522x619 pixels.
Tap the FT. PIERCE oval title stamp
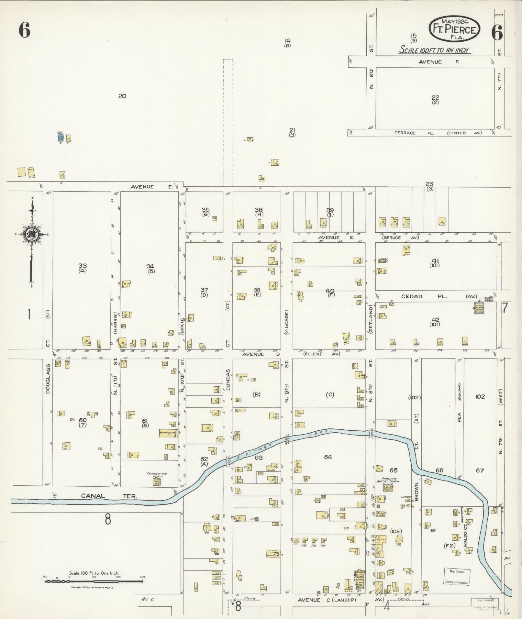pyautogui.click(x=454, y=29)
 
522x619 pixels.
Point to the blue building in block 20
pyautogui.click(x=61, y=138)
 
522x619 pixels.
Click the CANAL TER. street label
pyautogui.click(x=109, y=496)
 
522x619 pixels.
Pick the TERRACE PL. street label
pyautogui.click(x=405, y=133)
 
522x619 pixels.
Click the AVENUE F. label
pyautogui.click(x=439, y=62)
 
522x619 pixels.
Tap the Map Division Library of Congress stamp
pyautogui.click(x=456, y=577)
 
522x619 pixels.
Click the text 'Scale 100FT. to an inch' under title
pyautogui.click(x=434, y=50)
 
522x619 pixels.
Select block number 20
pyautogui.click(x=122, y=96)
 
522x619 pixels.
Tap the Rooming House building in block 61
pyautogui.click(x=168, y=433)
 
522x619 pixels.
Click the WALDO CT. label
pyautogui.click(x=465, y=530)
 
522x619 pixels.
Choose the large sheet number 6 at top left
pyautogui.click(x=25, y=31)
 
